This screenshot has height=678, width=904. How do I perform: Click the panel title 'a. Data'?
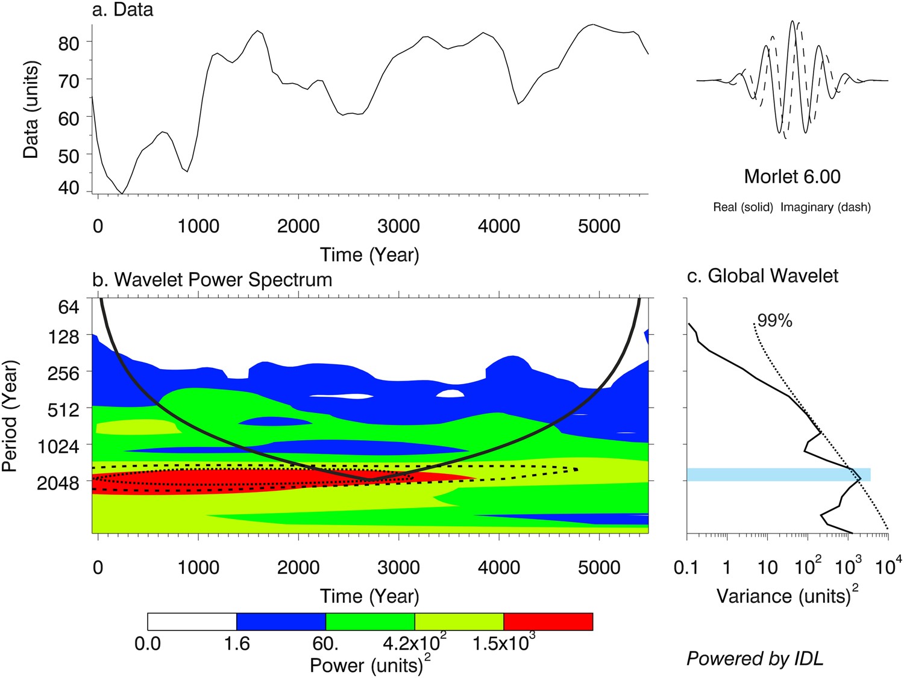pyautogui.click(x=123, y=10)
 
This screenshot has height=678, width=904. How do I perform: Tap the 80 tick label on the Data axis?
pyautogui.click(x=68, y=43)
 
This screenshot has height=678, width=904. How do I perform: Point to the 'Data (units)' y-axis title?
pyautogui.click(x=31, y=110)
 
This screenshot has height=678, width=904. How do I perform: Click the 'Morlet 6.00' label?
pyautogui.click(x=792, y=176)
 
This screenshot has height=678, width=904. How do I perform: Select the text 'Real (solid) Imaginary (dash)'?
pyautogui.click(x=792, y=207)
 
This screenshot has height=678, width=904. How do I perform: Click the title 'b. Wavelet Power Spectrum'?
pyautogui.click(x=212, y=280)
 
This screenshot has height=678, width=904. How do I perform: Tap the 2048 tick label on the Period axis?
pyautogui.click(x=58, y=483)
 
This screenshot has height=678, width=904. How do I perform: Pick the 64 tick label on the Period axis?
pyautogui.click(x=68, y=307)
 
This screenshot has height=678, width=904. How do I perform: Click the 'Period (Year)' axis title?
pyautogui.click(x=10, y=416)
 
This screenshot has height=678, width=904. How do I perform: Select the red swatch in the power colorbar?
pyautogui.click(x=548, y=621)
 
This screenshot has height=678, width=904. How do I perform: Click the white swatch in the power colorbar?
pyautogui.click(x=192, y=621)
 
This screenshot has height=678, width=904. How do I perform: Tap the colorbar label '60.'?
pyautogui.click(x=325, y=644)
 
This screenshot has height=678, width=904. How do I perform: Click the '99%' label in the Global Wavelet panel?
pyautogui.click(x=774, y=321)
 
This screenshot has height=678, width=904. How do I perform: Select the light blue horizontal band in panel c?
pyautogui.click(x=778, y=474)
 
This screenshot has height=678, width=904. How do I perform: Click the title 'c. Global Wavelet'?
pyautogui.click(x=762, y=276)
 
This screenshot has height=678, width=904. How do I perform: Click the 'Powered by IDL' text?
pyautogui.click(x=755, y=658)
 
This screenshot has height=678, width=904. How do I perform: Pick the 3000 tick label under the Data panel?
pyautogui.click(x=398, y=226)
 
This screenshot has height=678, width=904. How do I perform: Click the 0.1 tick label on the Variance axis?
pyautogui.click(x=686, y=567)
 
